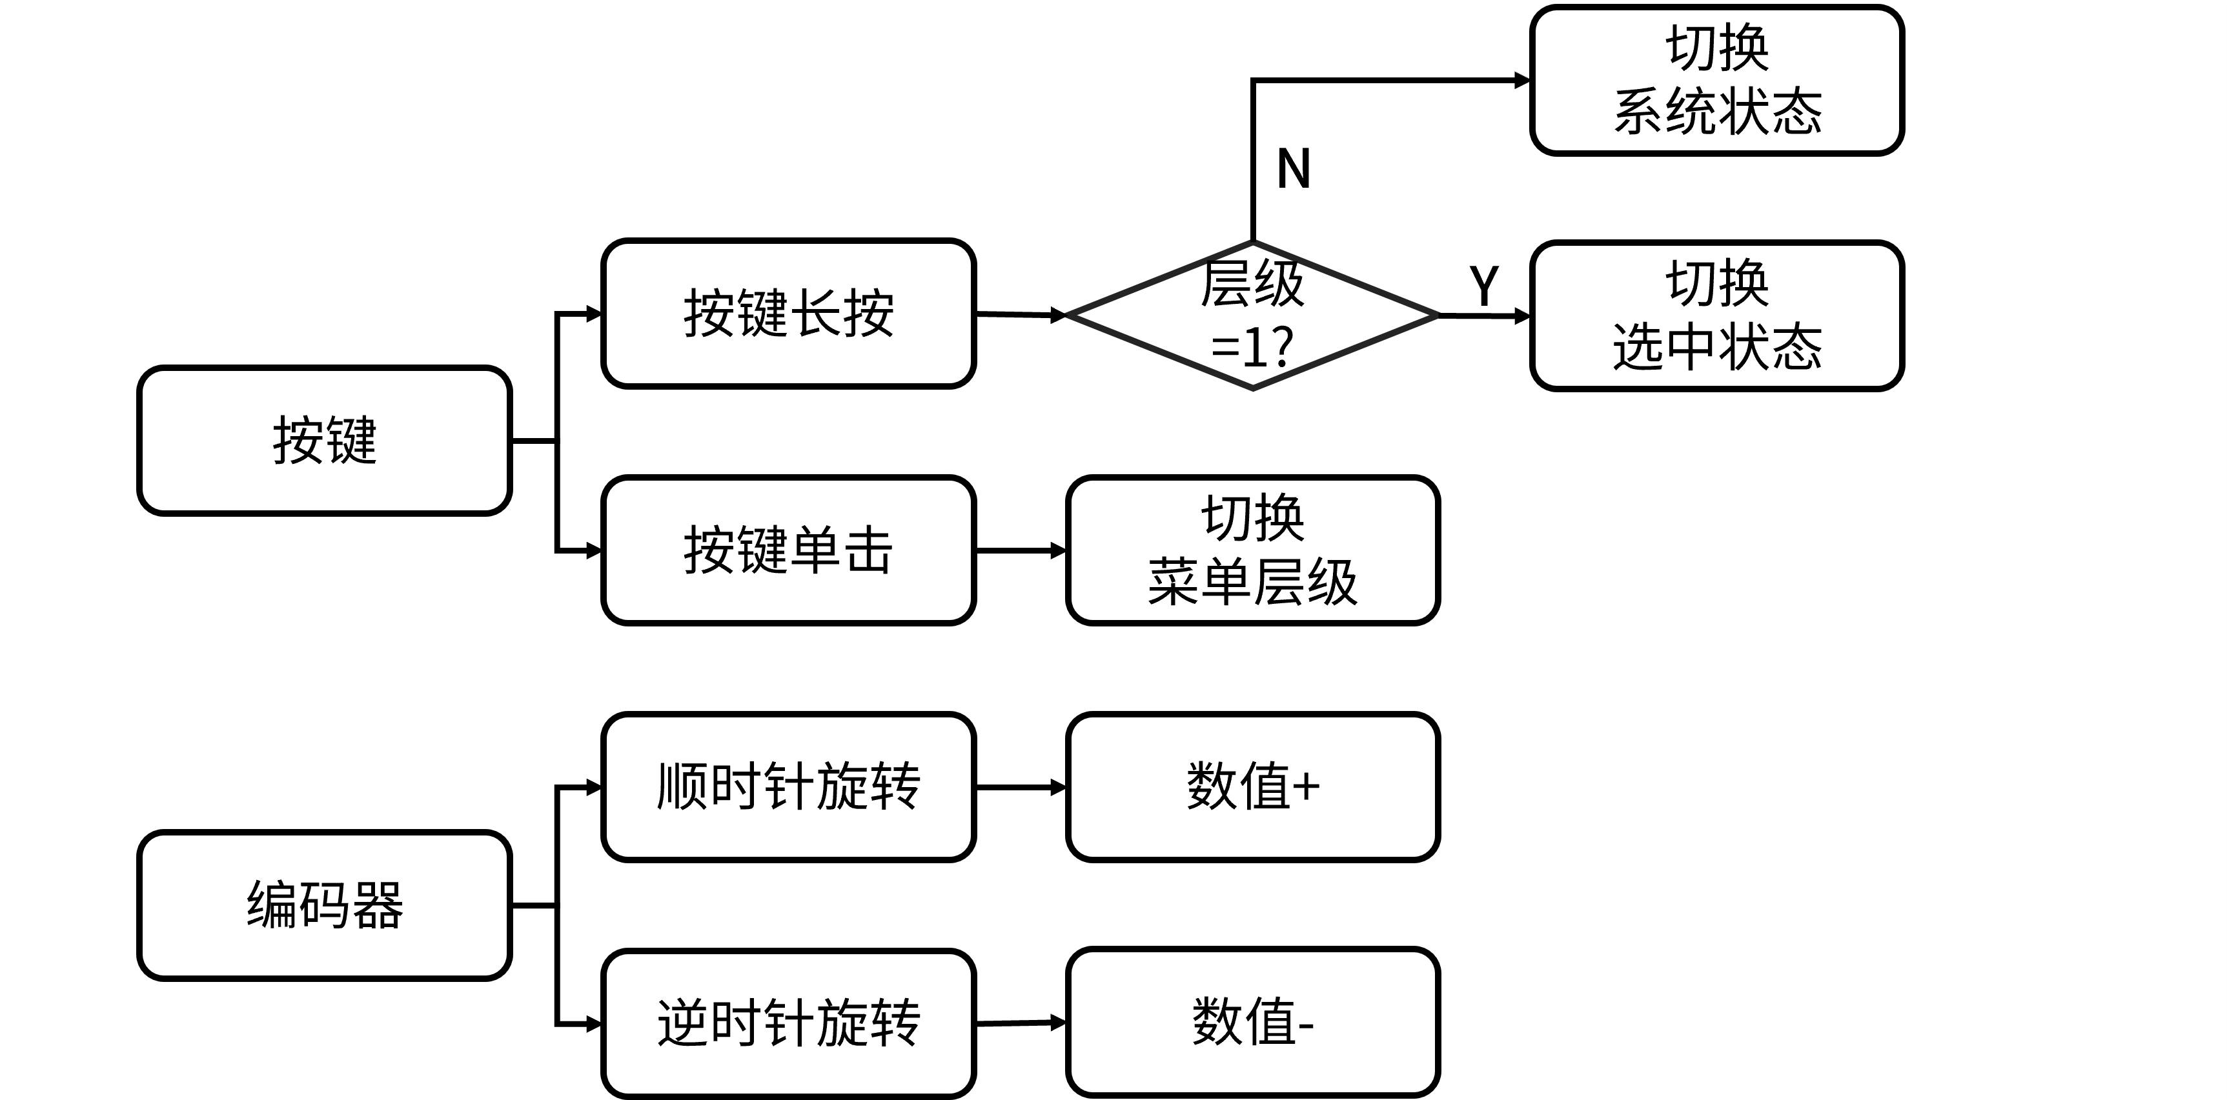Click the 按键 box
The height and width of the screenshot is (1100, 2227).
coord(324,441)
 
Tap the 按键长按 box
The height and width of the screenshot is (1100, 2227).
coord(788,314)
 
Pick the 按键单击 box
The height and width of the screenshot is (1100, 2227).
coord(788,550)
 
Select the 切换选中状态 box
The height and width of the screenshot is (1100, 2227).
coord(1717,315)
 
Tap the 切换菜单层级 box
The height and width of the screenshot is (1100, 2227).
coord(1253,550)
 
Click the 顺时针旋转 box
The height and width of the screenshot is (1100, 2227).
coord(788,786)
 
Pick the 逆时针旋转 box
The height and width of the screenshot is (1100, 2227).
coord(788,1023)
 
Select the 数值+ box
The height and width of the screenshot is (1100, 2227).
coord(1253,786)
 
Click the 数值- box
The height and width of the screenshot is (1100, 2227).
coord(1253,1022)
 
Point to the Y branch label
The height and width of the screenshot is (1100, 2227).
coord(1483,285)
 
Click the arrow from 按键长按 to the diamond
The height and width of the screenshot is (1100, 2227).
coord(1022,315)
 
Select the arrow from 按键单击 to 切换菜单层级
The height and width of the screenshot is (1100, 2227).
coord(1022,550)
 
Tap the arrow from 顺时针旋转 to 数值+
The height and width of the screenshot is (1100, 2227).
coord(1022,787)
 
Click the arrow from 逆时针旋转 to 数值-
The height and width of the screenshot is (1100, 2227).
coord(1022,1023)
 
